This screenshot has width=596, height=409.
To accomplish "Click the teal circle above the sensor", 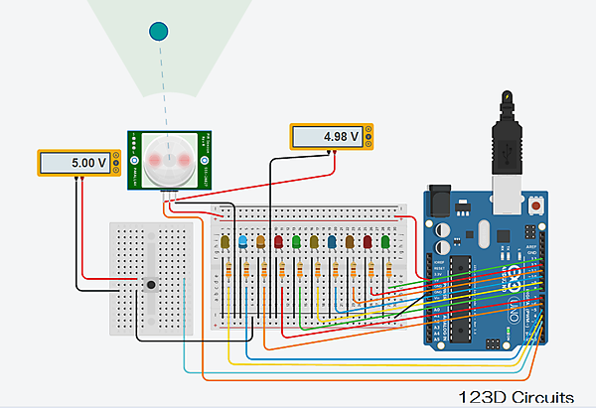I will coord(157,31).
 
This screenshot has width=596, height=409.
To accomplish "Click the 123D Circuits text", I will coord(516,397).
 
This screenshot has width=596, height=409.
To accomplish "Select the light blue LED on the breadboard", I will coord(244,241).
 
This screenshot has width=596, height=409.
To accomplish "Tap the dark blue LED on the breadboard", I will coord(332,241).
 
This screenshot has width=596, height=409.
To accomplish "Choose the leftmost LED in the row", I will coord(227,241).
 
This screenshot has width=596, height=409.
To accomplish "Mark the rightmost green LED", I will coord(384,241).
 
